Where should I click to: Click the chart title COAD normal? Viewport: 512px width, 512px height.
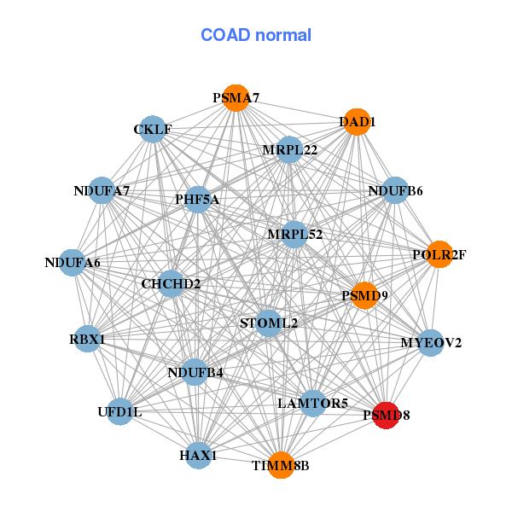256,35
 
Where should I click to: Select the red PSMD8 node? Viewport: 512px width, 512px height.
386,415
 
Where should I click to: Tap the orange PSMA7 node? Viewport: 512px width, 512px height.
236,98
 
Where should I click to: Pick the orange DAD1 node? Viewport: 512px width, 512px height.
357,122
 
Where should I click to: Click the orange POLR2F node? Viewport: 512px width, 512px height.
439,254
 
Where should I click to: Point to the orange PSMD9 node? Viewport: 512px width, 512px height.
364,295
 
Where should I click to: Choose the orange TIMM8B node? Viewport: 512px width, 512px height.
280,465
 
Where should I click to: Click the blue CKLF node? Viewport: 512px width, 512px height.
153,130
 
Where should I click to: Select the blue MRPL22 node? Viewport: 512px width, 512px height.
289,150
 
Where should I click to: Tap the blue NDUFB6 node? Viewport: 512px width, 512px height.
395,190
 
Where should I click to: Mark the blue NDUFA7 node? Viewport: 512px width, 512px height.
102,190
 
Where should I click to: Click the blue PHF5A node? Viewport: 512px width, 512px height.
197,200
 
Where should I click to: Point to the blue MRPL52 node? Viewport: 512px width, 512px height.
294,234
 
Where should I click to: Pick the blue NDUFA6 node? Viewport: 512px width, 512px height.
73,262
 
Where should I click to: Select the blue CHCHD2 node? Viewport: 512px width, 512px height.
171,283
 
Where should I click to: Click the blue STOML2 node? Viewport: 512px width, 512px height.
268,323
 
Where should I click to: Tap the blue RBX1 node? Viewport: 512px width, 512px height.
88,339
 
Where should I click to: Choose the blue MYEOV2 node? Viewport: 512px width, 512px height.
430,343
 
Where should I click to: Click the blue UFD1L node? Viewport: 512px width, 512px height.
119,412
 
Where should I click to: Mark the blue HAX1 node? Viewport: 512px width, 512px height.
198,455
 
